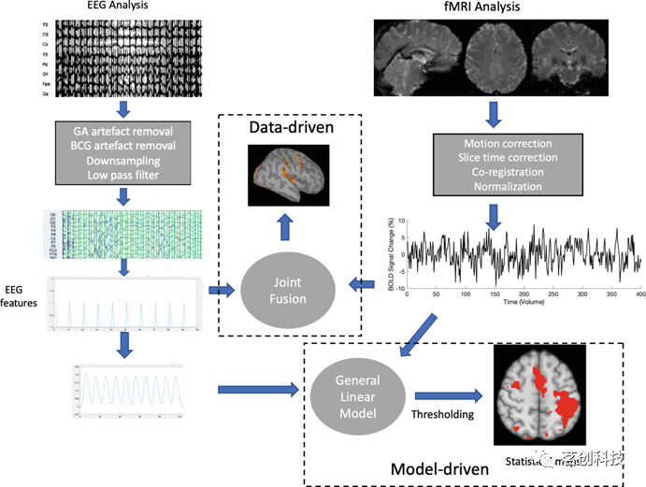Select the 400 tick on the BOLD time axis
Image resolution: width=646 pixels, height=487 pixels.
(x=639, y=294)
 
